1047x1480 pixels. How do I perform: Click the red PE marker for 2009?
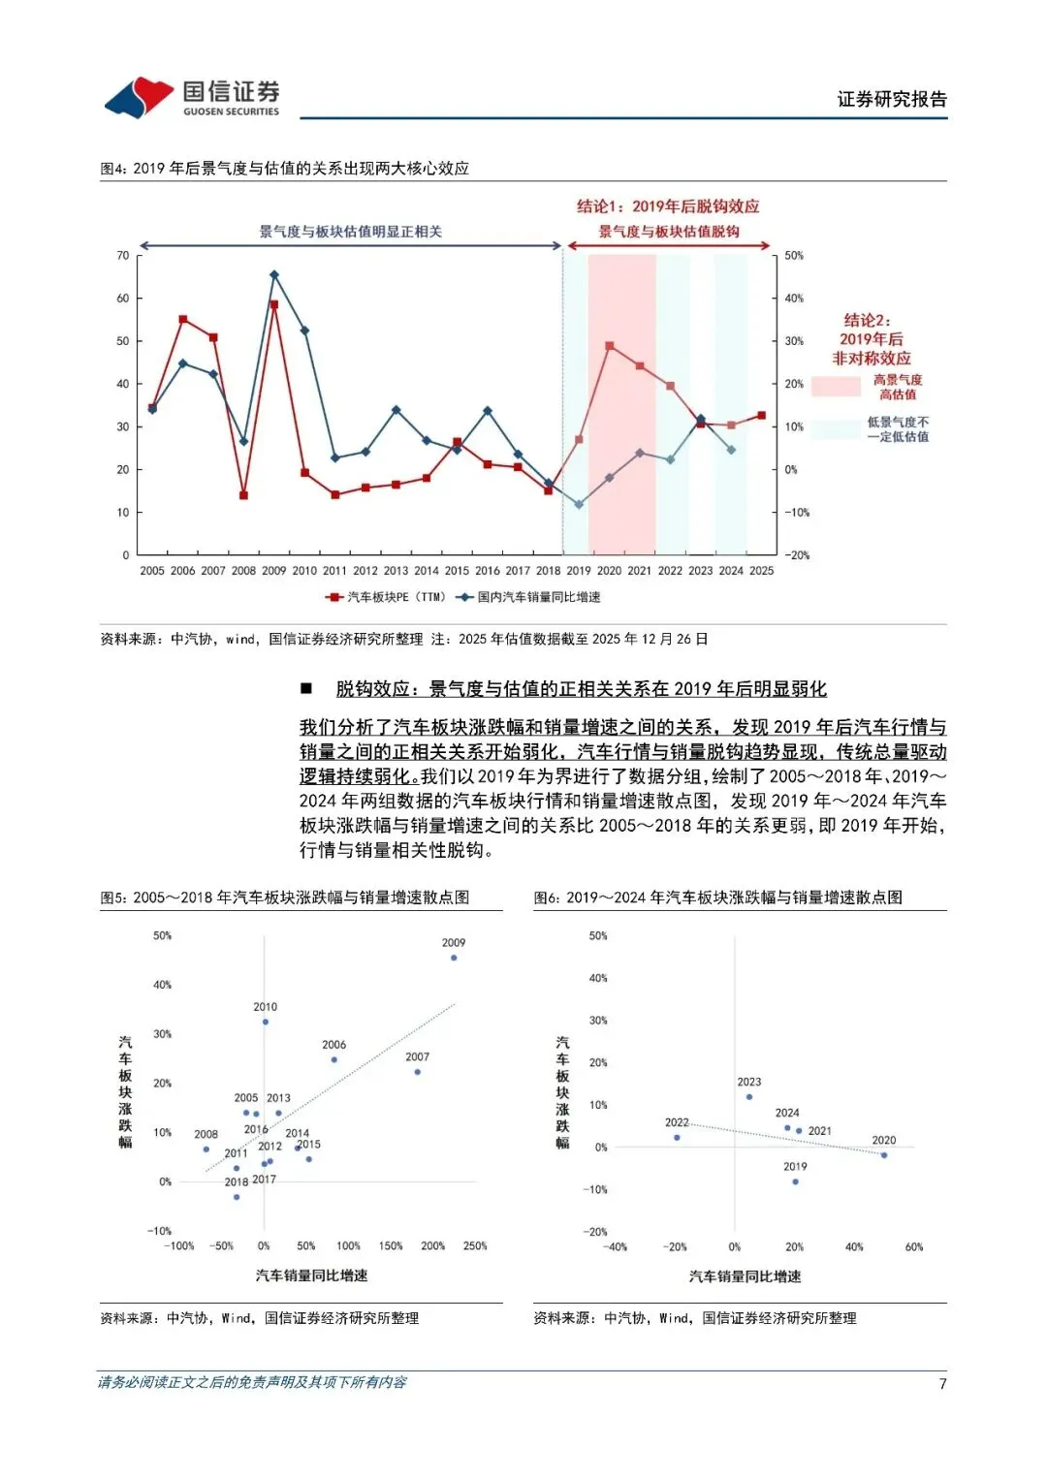274,304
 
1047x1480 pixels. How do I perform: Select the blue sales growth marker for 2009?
274,275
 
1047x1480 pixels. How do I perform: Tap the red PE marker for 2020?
609,346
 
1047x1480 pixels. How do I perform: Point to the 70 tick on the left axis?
123,256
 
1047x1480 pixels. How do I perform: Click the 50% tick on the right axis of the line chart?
794,256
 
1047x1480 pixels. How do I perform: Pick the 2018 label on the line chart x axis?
548,571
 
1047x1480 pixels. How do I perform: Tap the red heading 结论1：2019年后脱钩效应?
668,206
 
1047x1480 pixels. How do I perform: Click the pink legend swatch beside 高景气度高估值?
836,386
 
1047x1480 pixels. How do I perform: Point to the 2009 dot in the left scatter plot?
454,958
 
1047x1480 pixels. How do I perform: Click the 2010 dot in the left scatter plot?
266,1022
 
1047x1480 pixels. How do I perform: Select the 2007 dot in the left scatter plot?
417,1072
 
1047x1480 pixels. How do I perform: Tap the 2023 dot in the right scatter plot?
749,1097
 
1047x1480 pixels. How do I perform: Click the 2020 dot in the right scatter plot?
884,1155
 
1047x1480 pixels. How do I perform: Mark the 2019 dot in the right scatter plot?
795,1181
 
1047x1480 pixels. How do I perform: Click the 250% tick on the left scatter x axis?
475,1246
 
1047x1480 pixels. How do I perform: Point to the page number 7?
942,1383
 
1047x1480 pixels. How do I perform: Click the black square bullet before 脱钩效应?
306,689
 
